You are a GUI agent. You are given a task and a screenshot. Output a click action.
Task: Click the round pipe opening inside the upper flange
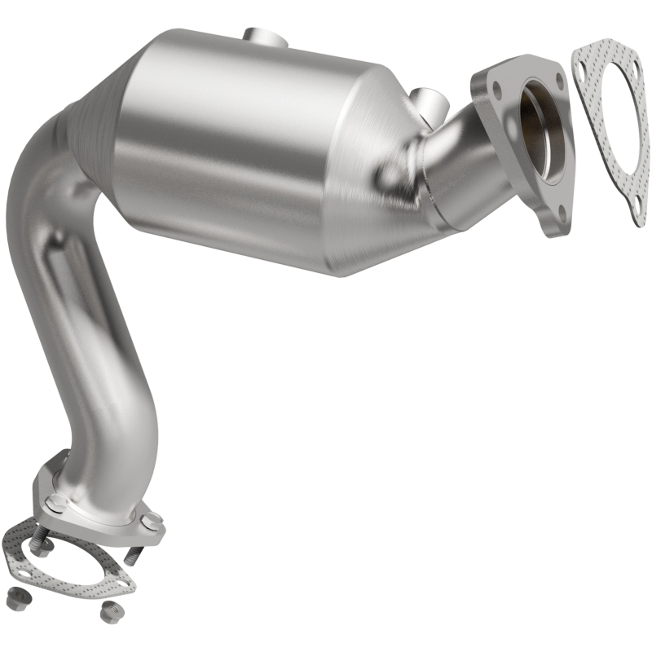tap(542, 122)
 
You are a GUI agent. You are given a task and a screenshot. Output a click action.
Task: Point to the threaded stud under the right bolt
tap(133, 553)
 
